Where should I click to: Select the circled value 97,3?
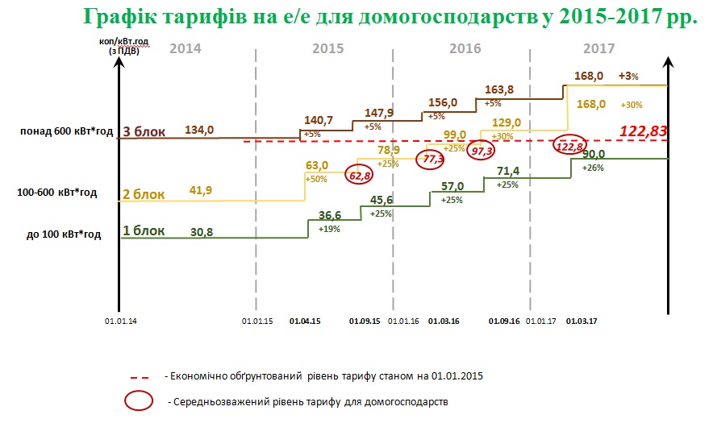(481, 151)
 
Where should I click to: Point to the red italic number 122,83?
(644, 131)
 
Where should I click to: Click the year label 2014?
(186, 49)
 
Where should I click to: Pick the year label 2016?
(465, 49)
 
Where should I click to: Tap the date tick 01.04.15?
(304, 321)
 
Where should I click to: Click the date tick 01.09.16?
(504, 321)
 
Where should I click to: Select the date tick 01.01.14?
(121, 321)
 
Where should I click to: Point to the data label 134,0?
(199, 130)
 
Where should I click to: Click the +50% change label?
(317, 179)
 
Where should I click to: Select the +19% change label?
(328, 229)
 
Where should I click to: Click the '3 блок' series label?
(144, 131)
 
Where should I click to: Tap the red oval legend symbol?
(140, 400)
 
